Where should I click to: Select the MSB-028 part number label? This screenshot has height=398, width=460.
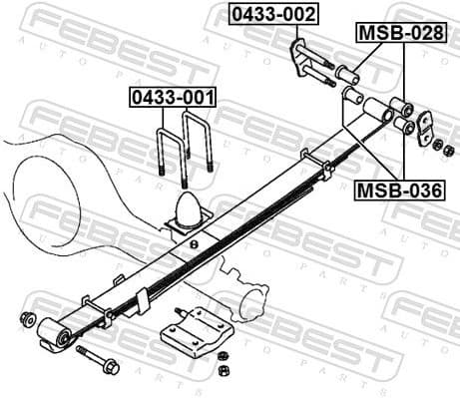(401, 33)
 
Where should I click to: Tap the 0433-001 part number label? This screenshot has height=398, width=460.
(172, 98)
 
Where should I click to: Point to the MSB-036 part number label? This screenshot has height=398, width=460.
(400, 189)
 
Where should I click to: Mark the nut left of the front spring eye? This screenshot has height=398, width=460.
(27, 319)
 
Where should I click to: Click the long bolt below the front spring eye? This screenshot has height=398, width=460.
(96, 360)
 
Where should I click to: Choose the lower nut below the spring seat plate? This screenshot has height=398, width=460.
(223, 371)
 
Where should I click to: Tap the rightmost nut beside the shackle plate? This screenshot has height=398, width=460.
(450, 151)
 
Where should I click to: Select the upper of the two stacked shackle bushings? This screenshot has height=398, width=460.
(401, 107)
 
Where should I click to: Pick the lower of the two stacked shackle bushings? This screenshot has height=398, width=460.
(404, 126)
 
